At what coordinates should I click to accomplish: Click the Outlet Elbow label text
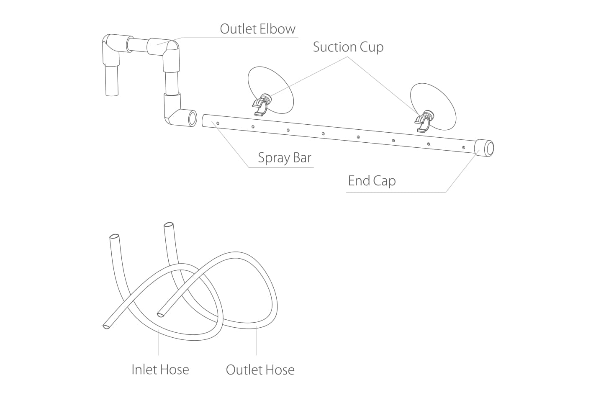click(257, 29)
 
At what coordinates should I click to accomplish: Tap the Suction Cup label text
click(348, 47)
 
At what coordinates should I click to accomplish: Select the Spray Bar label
click(285, 157)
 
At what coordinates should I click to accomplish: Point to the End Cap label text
click(372, 181)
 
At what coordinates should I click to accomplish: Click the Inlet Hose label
click(160, 370)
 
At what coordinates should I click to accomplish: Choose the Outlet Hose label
click(260, 370)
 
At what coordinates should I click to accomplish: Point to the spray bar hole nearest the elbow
click(218, 123)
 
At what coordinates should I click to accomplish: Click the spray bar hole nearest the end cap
click(463, 147)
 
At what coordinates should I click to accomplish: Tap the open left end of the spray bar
click(203, 121)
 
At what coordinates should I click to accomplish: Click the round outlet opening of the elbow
click(192, 118)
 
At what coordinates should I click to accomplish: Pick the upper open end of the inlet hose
click(114, 237)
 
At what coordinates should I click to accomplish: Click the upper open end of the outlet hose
click(169, 225)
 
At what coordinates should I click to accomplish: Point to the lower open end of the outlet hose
click(160, 315)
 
